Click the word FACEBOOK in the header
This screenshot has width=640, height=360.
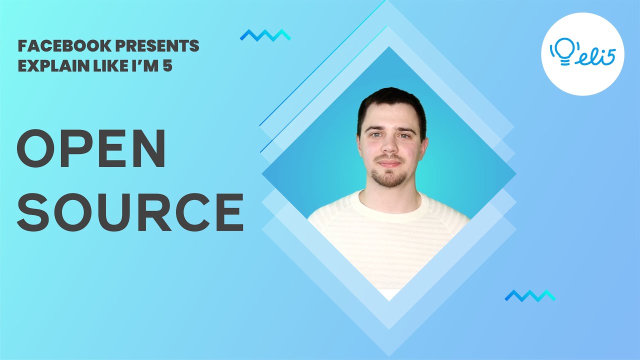tap(64, 46)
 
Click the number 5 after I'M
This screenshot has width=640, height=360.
tap(167, 66)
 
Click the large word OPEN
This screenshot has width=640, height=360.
tap(91, 148)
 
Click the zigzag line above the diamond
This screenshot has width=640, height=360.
tap(265, 35)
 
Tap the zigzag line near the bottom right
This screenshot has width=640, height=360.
tap(530, 295)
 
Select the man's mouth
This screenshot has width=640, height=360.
tap(390, 163)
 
